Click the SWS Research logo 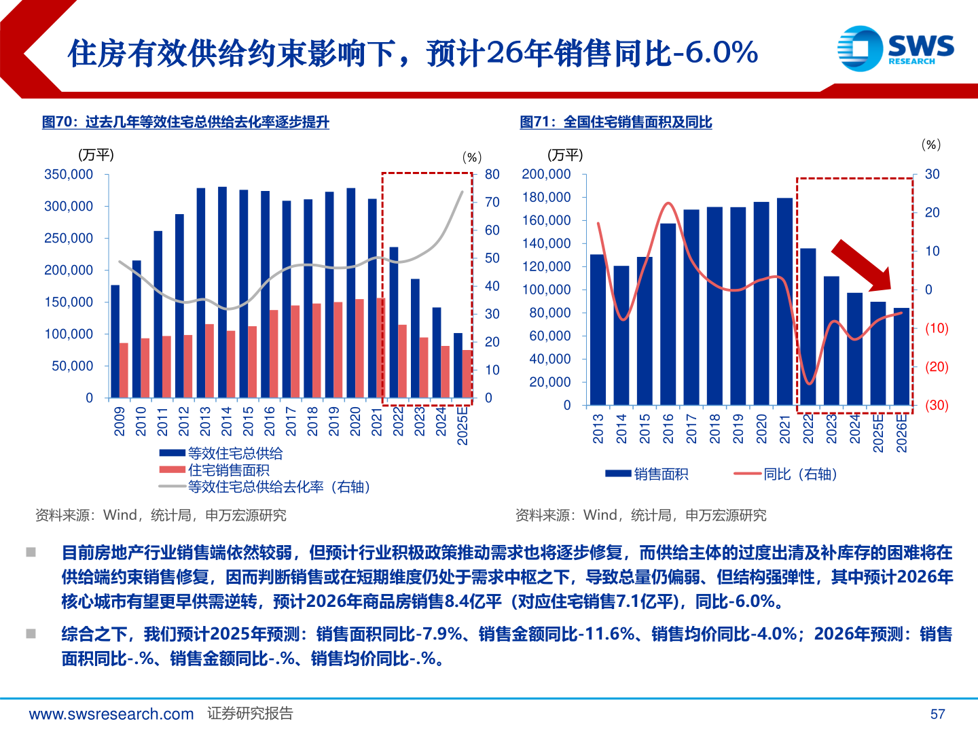tap(896, 48)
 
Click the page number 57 tap(937, 714)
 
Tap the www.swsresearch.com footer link tap(111, 714)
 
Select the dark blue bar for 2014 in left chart tap(223, 292)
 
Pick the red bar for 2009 tap(124, 370)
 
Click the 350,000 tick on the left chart tap(69, 175)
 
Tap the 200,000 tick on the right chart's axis tap(546, 175)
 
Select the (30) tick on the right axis tap(937, 405)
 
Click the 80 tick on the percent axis tap(492, 175)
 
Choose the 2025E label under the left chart tap(463, 425)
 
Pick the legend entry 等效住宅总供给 tap(235, 453)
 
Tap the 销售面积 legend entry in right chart tap(660, 474)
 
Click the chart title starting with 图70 tap(185, 122)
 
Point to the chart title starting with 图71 tap(615, 122)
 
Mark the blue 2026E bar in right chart tap(901, 357)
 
